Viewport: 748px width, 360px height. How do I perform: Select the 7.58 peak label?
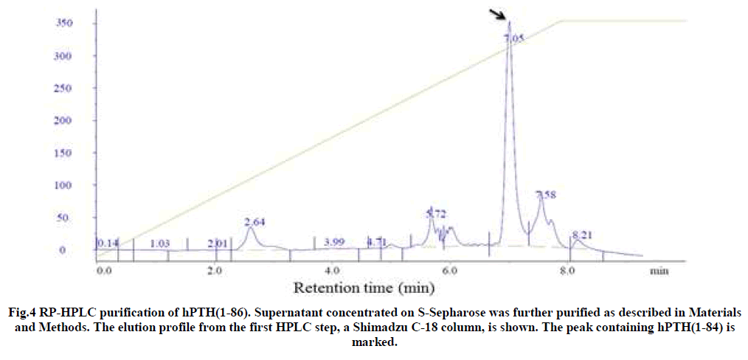[x=546, y=195]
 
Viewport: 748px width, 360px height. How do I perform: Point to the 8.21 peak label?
[x=582, y=235]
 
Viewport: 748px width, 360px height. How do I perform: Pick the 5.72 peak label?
[x=437, y=213]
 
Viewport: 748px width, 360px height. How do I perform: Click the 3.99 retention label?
[x=334, y=242]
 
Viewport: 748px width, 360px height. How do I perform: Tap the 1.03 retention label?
[x=159, y=243]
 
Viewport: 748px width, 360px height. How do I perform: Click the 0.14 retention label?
[x=108, y=242]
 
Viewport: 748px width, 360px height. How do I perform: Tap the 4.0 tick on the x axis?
[x=333, y=270]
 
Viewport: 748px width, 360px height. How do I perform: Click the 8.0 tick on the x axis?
[x=567, y=270]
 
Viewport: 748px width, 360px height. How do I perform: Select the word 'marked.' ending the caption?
[x=373, y=342]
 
